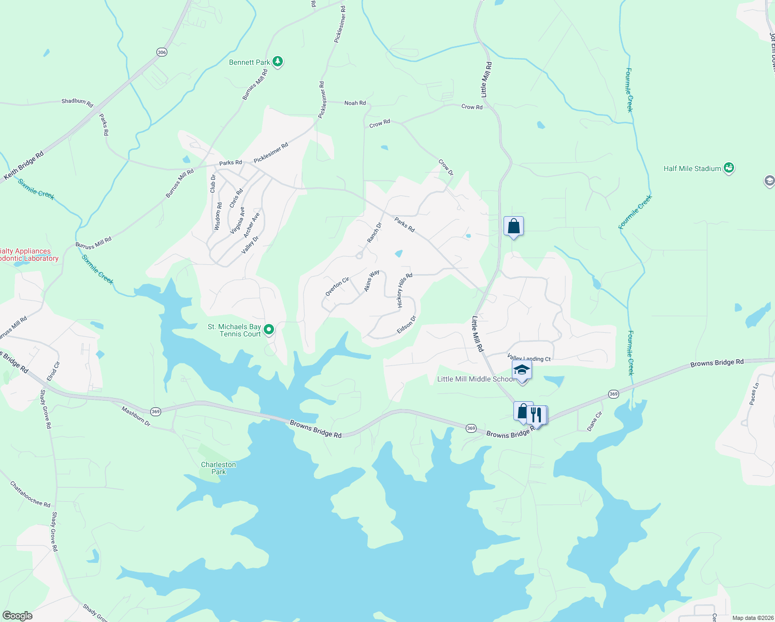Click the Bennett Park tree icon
click(278, 62)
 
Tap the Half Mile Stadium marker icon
click(729, 168)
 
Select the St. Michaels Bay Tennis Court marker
click(269, 330)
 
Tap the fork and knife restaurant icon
click(537, 415)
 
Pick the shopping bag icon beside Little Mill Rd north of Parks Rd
click(513, 227)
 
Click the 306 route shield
click(162, 52)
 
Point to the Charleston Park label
click(219, 468)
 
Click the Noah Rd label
click(355, 103)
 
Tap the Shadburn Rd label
click(77, 102)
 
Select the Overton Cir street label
click(337, 287)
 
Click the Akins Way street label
click(372, 280)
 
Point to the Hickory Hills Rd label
click(405, 291)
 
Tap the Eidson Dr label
click(406, 325)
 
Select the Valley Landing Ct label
click(529, 358)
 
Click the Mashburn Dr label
click(136, 417)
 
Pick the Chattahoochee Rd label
click(31, 494)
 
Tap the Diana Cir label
click(595, 421)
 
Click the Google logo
click(18, 615)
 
